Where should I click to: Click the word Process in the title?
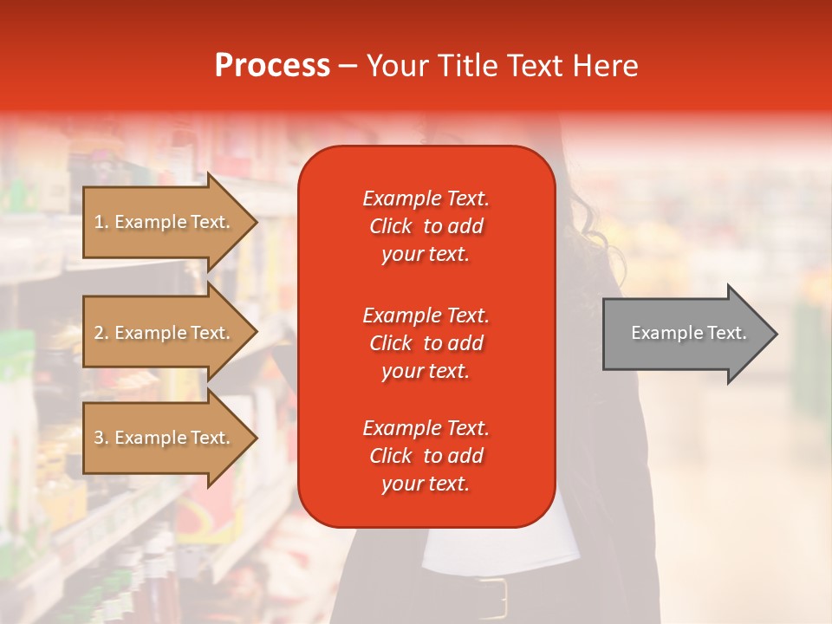pyautogui.click(x=272, y=66)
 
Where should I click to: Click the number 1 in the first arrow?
pyautogui.click(x=99, y=223)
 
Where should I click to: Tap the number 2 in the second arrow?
pyautogui.click(x=99, y=334)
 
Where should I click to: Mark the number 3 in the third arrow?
pyautogui.click(x=99, y=439)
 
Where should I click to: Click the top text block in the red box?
pyautogui.click(x=426, y=226)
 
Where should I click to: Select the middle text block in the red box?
pyautogui.click(x=426, y=343)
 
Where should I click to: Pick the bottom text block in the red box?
pyautogui.click(x=426, y=456)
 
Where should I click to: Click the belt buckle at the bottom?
pyautogui.click(x=491, y=598)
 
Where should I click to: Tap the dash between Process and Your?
pyautogui.click(x=348, y=67)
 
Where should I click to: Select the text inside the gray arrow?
pyautogui.click(x=688, y=333)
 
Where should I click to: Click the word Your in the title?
pyautogui.click(x=393, y=66)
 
